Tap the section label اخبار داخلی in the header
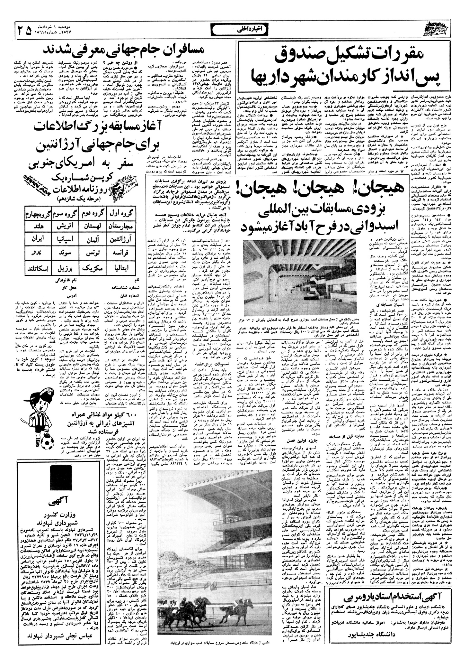(234, 31)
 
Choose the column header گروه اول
(122, 213)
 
